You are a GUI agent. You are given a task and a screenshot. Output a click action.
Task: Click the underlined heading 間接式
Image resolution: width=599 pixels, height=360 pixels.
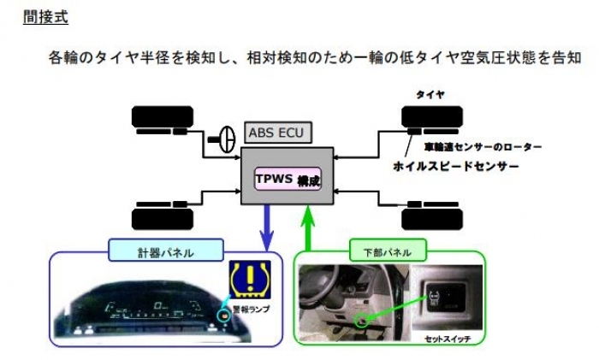tap(45, 16)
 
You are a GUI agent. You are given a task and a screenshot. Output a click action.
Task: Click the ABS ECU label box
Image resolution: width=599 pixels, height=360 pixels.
tap(278, 133)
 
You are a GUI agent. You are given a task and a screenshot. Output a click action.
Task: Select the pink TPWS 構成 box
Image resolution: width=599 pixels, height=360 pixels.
tap(288, 179)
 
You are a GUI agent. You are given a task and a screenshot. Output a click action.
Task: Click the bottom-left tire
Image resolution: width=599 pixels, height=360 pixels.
tap(162, 215)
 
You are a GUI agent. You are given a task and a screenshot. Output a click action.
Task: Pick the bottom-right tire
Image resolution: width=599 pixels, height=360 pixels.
tap(433, 215)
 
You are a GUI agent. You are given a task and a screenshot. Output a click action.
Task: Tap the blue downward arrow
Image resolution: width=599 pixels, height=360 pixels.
tap(267, 225)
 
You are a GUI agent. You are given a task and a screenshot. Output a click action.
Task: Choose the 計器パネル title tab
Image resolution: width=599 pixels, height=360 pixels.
tap(165, 251)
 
